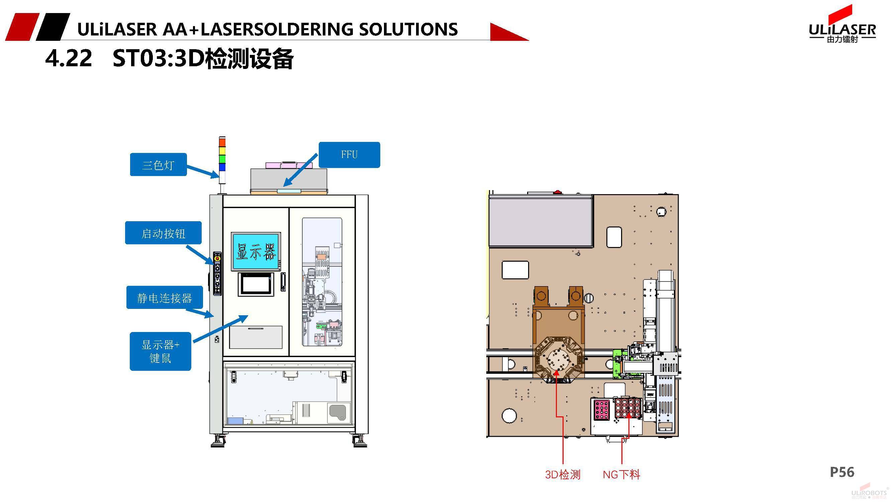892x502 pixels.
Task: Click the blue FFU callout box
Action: coord(349,155)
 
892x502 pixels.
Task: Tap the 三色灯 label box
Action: coord(158,165)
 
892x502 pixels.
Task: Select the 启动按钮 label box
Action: coord(163,233)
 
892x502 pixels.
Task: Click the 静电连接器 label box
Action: coord(165,298)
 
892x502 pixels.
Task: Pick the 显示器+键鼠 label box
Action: coord(160,351)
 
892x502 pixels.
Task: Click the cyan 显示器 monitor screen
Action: coord(256,252)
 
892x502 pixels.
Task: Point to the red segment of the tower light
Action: coord(222,142)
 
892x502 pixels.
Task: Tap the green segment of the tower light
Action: coord(222,159)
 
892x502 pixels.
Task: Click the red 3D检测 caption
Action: coord(563,474)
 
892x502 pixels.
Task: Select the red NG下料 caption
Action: coord(621,474)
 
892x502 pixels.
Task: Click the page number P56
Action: coord(842,472)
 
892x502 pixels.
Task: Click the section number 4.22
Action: coord(69,58)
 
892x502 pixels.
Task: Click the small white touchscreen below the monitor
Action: coord(256,284)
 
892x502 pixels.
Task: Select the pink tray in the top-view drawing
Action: coord(602,410)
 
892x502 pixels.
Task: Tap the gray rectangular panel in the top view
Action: coord(540,221)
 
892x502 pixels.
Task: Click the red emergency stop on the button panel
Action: coord(217,258)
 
